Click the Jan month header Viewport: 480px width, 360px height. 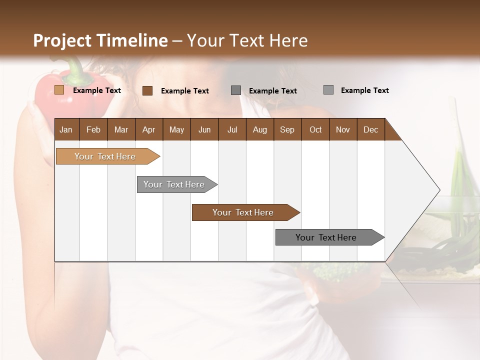point(66,129)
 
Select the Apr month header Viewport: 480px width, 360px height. point(148,129)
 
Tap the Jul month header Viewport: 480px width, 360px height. point(232,129)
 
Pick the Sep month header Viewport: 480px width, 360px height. point(287,129)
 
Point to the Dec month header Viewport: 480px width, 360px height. point(370,129)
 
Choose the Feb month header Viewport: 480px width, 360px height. point(93,129)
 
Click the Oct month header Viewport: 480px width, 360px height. point(315,129)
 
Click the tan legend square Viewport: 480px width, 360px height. point(59,90)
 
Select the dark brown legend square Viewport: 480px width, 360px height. point(147,90)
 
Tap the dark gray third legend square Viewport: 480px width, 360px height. point(236,90)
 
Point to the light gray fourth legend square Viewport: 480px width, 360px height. point(328,90)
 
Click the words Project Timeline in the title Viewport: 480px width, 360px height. point(100,40)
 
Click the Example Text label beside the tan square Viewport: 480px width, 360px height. point(97,90)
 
